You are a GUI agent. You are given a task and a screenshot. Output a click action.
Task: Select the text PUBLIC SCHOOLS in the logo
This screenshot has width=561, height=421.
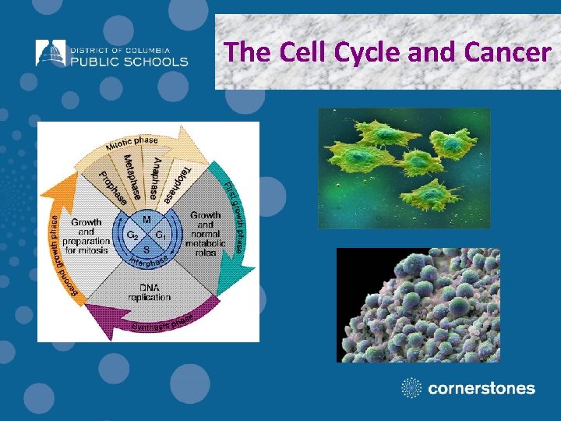[129, 61]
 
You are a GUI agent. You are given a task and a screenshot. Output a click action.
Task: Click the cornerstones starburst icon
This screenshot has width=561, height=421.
[411, 387]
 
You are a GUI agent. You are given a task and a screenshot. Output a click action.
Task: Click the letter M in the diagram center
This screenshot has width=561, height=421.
[146, 221]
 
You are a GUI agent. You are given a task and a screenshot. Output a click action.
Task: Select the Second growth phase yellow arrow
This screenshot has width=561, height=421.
[57, 242]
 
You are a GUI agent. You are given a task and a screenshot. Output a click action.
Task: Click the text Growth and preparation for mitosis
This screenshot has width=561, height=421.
[87, 235]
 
